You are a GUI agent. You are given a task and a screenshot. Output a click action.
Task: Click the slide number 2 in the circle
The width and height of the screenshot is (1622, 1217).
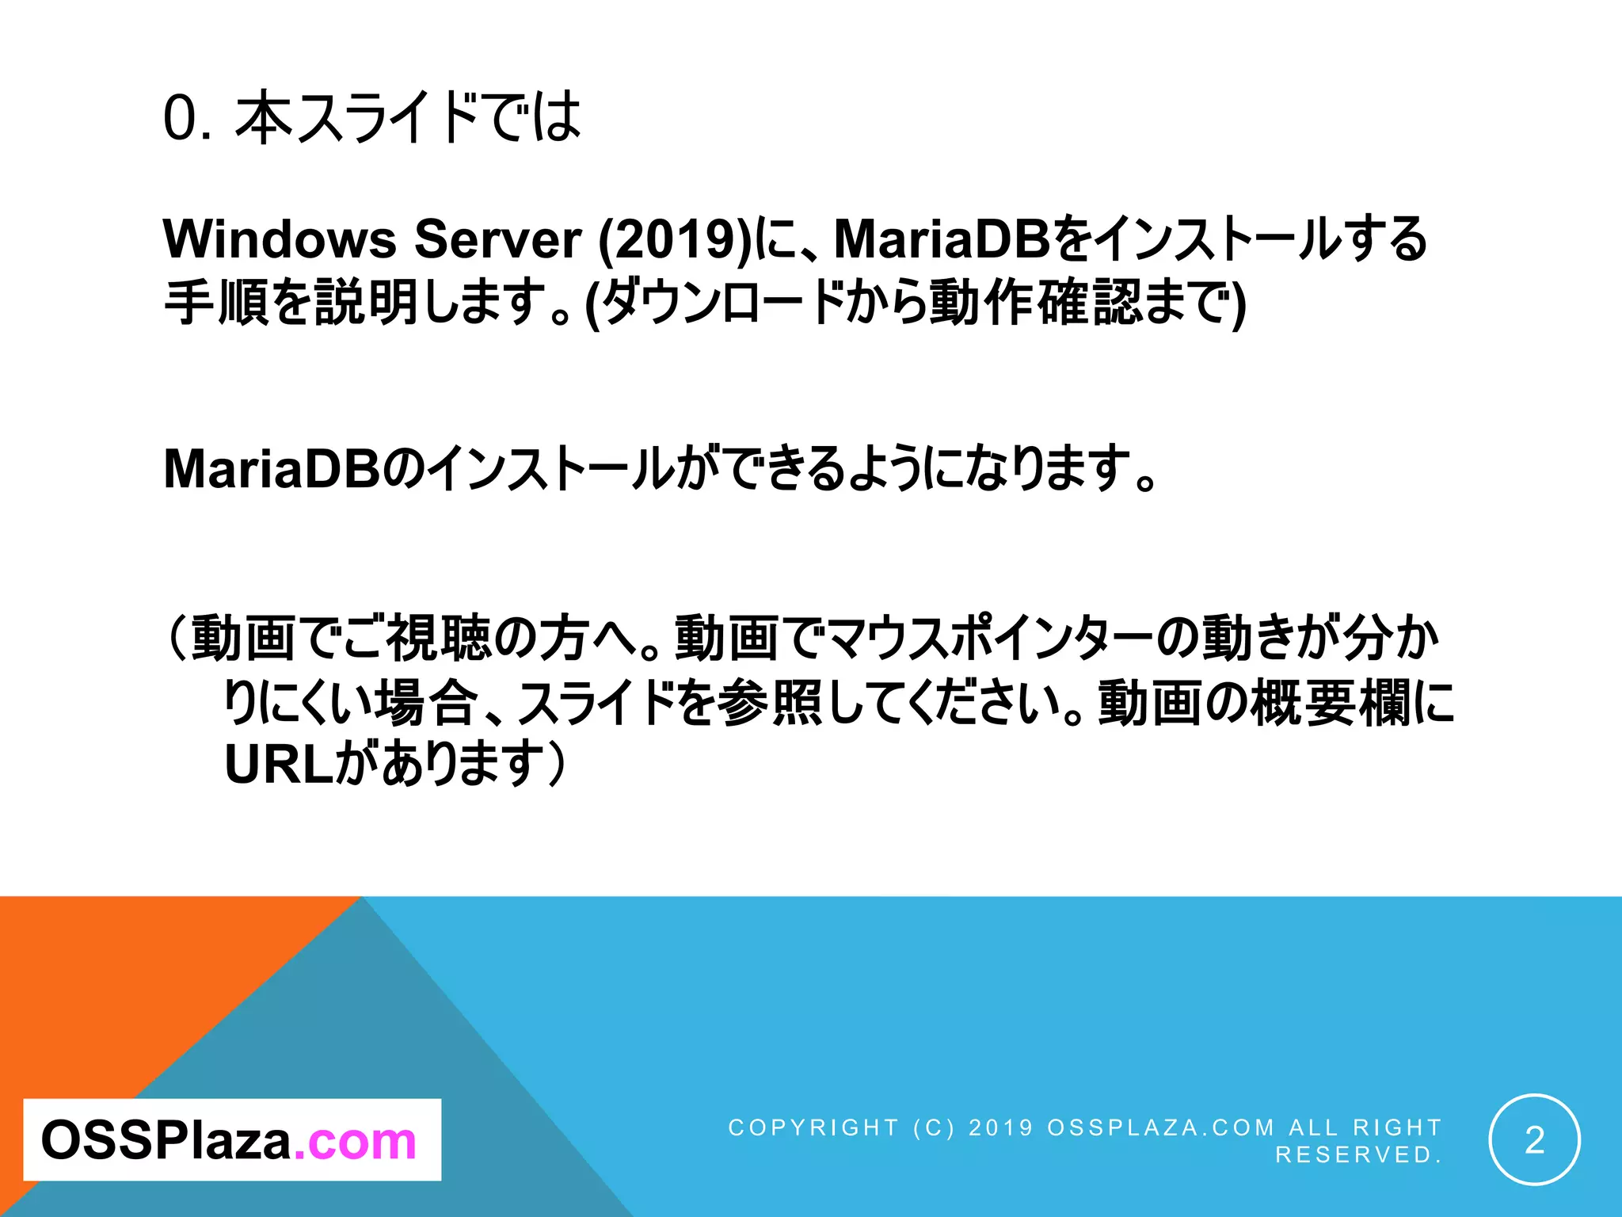click(1534, 1140)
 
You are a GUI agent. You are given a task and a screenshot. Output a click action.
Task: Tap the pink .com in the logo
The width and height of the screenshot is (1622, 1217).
click(355, 1141)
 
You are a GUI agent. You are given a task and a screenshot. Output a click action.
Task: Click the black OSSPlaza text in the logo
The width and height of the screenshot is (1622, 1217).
click(166, 1141)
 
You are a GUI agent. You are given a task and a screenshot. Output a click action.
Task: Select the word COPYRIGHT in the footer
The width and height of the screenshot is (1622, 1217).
click(813, 1127)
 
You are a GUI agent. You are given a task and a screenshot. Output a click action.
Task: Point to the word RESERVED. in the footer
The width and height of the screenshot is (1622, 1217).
click(1358, 1155)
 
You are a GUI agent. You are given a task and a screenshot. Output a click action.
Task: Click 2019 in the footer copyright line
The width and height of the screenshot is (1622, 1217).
click(1001, 1127)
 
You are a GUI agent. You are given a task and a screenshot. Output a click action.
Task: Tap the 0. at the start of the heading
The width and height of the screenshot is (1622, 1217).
click(187, 119)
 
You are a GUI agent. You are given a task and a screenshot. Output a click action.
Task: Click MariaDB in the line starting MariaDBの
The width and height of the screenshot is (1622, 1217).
click(272, 468)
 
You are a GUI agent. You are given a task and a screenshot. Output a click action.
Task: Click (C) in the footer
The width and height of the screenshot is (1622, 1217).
click(934, 1127)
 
